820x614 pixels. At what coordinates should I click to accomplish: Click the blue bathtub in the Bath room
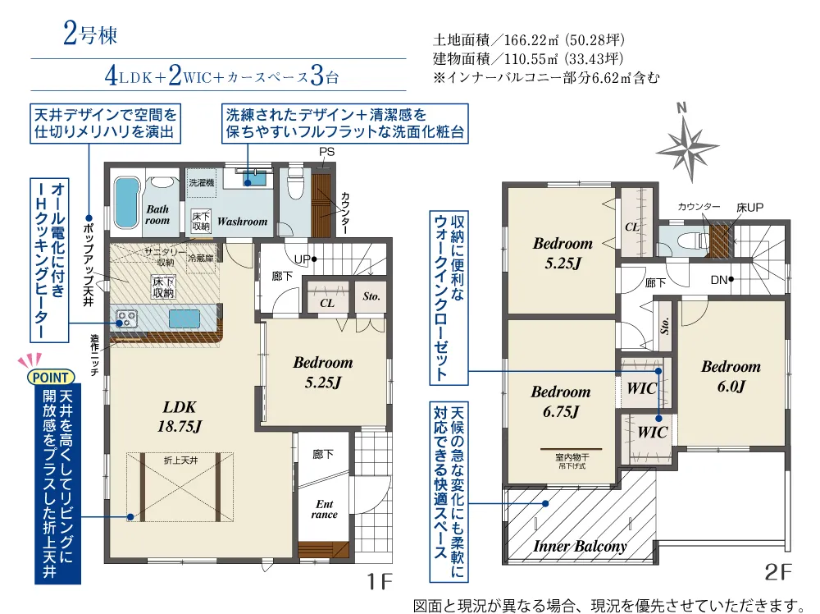126,203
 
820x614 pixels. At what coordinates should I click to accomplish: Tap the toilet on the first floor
295,184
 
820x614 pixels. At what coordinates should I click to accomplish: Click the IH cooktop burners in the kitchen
126,318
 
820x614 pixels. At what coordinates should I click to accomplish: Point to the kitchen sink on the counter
184,318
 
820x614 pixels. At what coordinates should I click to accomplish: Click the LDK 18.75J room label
180,417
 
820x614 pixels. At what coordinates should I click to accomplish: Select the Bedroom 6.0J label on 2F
731,376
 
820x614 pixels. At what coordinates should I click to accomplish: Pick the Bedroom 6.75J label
561,401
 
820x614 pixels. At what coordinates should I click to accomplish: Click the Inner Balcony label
580,546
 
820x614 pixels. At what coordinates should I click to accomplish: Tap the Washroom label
242,222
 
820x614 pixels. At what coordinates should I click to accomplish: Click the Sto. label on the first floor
371,296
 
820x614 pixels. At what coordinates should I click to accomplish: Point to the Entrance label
324,509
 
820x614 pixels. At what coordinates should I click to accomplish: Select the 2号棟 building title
90,34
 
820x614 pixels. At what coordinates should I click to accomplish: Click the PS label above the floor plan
327,152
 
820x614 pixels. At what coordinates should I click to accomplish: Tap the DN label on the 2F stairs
718,280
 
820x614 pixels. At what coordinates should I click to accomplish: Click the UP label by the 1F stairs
303,259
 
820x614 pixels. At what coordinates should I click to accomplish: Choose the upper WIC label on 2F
642,388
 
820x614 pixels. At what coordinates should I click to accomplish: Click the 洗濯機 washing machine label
202,183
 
